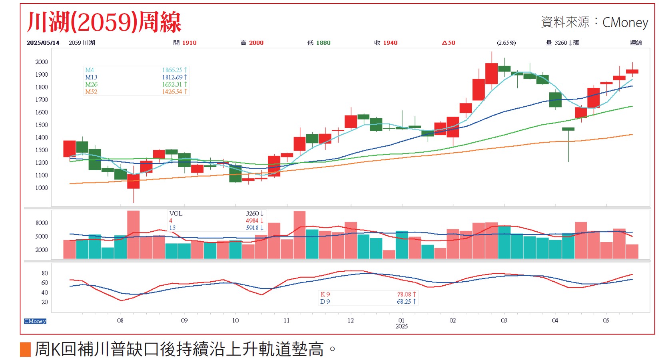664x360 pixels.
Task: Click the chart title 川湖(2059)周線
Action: tap(104, 22)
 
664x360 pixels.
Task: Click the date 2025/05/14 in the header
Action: tap(43, 43)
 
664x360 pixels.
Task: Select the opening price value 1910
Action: tap(189, 43)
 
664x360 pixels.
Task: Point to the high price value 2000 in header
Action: tap(256, 43)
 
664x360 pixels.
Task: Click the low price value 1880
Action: tap(323, 43)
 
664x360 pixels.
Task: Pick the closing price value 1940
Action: tap(390, 43)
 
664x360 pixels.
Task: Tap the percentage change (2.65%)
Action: tap(506, 43)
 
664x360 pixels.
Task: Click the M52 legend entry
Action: tap(91, 92)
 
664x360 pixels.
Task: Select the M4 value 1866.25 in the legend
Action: tap(172, 70)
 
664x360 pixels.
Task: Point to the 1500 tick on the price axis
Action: tap(42, 125)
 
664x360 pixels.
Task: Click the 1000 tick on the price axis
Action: tap(42, 188)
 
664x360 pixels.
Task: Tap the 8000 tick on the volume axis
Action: tap(42, 223)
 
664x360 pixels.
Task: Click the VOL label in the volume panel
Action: tap(176, 213)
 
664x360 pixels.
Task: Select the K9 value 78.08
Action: tap(404, 294)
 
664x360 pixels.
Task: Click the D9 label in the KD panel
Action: tap(325, 302)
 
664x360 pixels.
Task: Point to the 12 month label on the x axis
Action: tap(351, 320)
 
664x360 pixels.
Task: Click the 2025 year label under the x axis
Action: tap(401, 326)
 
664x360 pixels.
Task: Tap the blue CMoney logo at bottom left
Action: tap(35, 321)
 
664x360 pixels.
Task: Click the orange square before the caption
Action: tap(25, 349)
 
